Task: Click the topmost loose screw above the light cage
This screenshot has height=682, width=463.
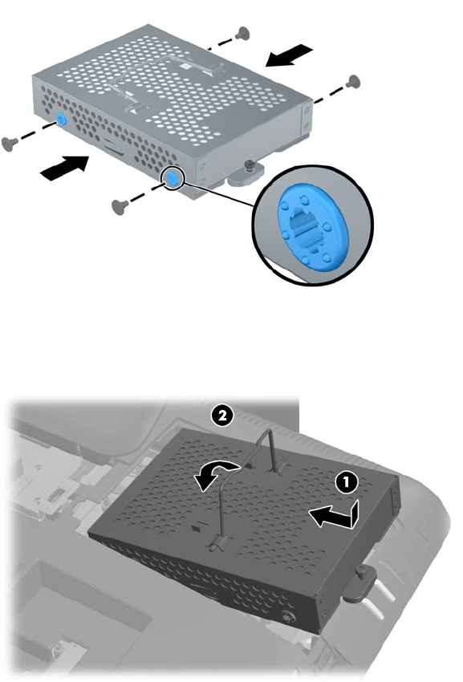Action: pos(242,33)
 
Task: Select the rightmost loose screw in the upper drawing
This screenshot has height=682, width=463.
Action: pos(353,81)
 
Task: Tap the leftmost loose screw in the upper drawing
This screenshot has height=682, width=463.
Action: pos(10,144)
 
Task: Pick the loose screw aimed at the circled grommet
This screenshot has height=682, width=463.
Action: pos(120,206)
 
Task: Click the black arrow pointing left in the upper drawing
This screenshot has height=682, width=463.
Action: pos(289,55)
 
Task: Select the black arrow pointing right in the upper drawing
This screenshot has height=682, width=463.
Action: pos(64,168)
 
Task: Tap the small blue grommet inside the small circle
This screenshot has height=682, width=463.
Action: pos(173,179)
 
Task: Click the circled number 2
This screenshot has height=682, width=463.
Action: pos(221,416)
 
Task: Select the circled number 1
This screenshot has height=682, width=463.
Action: pos(347,482)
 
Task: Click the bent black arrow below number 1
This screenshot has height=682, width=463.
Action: pos(334,515)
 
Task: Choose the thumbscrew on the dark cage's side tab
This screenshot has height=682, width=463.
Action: pos(361,571)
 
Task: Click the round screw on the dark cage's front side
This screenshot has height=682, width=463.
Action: pos(286,616)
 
